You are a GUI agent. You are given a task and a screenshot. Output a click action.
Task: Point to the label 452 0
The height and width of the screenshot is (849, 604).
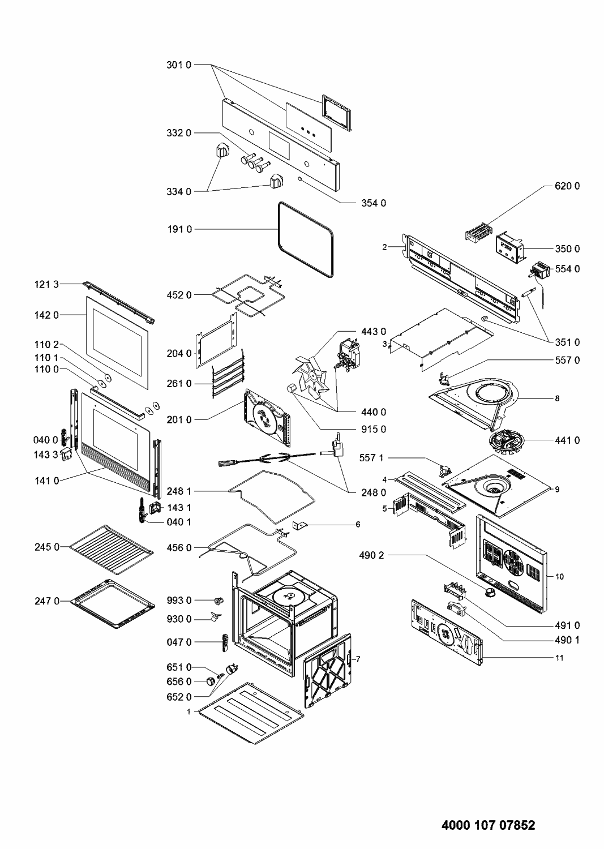tap(179, 295)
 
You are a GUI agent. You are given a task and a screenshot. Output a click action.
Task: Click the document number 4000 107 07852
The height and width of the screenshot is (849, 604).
tap(487, 826)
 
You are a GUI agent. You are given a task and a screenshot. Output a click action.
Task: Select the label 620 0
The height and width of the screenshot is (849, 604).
tap(566, 186)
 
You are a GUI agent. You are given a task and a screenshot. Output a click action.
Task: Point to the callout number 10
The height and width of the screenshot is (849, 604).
tap(560, 577)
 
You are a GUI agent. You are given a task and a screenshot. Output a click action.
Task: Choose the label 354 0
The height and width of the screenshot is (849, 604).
tap(374, 203)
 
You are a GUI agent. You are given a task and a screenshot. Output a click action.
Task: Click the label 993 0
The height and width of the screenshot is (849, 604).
tap(179, 601)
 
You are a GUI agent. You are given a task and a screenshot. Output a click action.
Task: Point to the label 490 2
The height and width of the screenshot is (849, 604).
tap(371, 556)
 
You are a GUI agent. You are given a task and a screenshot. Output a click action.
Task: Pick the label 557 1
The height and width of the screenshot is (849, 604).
tap(371, 457)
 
